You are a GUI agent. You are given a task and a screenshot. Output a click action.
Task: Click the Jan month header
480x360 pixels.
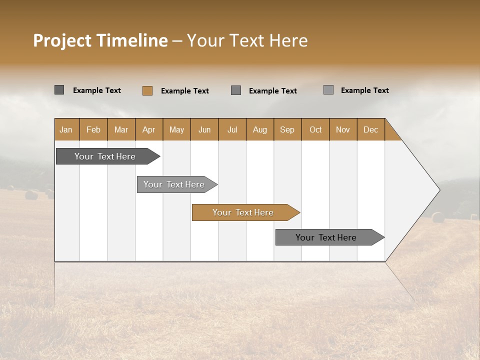[x=66, y=129]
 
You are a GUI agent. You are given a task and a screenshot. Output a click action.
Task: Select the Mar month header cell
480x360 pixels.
[x=121, y=129]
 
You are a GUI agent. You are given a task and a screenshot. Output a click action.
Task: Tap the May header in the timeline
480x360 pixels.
[x=176, y=129]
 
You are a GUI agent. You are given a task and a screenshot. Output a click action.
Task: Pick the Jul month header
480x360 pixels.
[x=232, y=129]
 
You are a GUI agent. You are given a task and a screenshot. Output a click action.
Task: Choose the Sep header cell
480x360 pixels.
[x=287, y=129]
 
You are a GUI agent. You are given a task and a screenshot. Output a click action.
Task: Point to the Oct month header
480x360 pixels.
[x=315, y=129]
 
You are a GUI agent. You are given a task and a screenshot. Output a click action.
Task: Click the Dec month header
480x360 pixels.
[x=370, y=129]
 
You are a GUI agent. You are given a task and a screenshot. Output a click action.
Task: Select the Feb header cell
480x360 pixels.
[x=93, y=129]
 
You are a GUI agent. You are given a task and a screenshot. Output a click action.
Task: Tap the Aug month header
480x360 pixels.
[x=259, y=129]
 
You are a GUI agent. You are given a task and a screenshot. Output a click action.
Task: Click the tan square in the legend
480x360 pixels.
[x=147, y=90]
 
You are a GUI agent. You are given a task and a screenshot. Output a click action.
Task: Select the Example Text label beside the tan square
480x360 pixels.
[x=184, y=91]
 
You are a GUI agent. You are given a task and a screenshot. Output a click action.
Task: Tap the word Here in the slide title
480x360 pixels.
[x=288, y=40]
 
